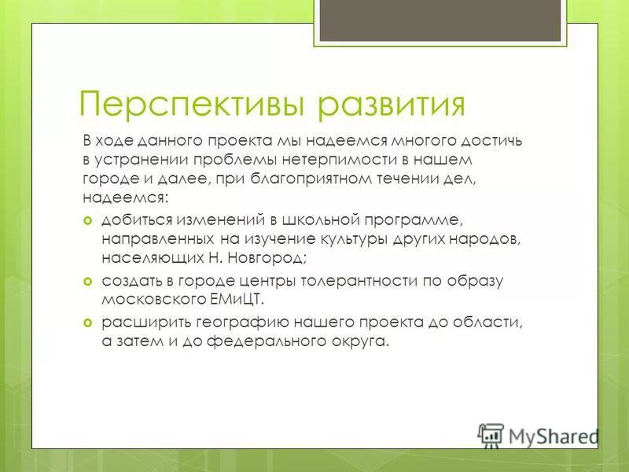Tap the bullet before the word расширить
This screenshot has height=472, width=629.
(x=88, y=322)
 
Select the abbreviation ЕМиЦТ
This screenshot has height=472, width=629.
(x=247, y=300)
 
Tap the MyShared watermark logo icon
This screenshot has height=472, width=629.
(x=491, y=435)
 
